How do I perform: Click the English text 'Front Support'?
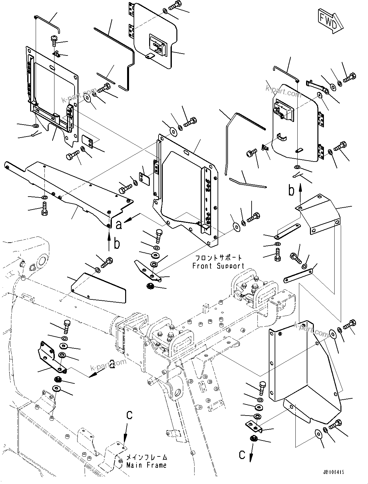pyautogui.click(x=218, y=266)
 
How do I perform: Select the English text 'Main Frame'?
pyautogui.click(x=146, y=465)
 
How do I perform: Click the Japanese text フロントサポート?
pyautogui.click(x=218, y=258)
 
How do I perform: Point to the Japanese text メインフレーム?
pyautogui.click(x=147, y=457)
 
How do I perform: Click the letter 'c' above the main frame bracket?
pyautogui.click(x=129, y=415)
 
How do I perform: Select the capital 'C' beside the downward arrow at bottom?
pyautogui.click(x=242, y=455)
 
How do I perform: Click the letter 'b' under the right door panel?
pyautogui.click(x=292, y=191)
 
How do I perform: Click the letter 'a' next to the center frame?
pyautogui.click(x=119, y=224)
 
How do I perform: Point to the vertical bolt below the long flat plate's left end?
pyautogui.click(x=44, y=208)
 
